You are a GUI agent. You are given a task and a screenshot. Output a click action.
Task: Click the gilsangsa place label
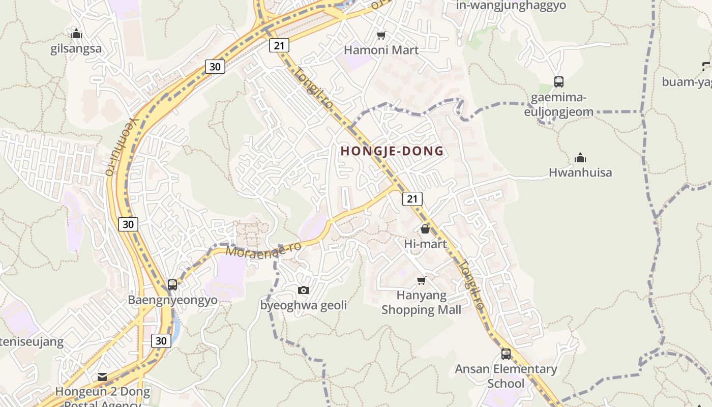coord(76,49)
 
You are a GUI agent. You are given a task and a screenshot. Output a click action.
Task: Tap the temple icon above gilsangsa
coord(76,34)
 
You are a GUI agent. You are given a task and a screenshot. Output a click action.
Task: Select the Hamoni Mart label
coord(381,50)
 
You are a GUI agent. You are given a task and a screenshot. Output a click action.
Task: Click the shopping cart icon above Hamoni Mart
coord(381,35)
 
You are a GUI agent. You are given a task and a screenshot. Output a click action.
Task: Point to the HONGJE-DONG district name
coord(392,151)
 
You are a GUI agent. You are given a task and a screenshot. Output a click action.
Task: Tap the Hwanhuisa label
coord(580,172)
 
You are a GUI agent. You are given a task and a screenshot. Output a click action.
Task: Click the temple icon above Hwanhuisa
coord(580,158)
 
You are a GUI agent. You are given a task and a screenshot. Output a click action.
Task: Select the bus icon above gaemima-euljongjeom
coord(558,81)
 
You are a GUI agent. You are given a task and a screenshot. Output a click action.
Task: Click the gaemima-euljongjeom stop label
coord(558,104)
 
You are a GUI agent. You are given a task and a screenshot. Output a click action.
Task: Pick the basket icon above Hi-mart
coord(425,229)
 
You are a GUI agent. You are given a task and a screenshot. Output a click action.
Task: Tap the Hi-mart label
coord(425,244)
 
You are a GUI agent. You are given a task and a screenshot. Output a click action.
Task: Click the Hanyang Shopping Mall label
coord(421,302)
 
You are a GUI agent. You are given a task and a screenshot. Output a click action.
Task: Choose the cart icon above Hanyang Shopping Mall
coord(421,280)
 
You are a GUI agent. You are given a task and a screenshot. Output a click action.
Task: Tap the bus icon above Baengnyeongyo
coord(172,285)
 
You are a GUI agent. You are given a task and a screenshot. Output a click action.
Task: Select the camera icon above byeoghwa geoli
coord(303,290)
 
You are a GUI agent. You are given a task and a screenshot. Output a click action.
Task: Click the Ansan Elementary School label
coord(506,375)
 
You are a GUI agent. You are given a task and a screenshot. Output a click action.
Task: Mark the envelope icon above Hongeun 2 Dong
coord(102,377)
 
